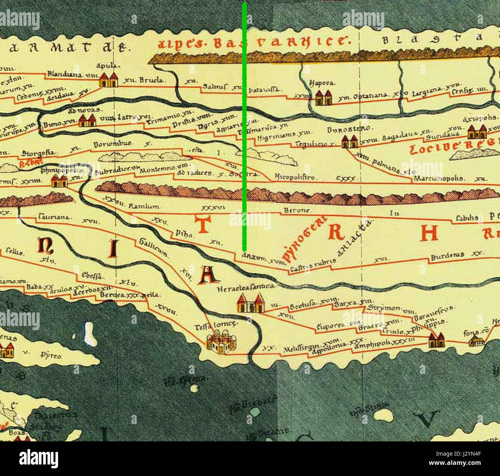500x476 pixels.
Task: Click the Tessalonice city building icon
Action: pyautogui.click(x=221, y=342)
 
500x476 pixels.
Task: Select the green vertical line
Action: pyautogui.click(x=244, y=127)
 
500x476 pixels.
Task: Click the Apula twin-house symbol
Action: pyautogui.click(x=108, y=80)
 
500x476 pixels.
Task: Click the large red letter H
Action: pyautogui.click(x=429, y=232)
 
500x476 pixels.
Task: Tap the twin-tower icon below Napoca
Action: pyautogui.click(x=323, y=98)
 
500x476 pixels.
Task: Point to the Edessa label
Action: pyautogui.click(x=92, y=275)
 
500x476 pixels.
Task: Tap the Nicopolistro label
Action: pyautogui.click(x=295, y=177)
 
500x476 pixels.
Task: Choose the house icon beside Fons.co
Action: pyautogui.click(x=476, y=341)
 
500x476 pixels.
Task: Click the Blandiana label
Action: pyautogui.click(x=65, y=74)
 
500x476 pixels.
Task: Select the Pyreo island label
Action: pyautogui.click(x=51, y=355)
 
